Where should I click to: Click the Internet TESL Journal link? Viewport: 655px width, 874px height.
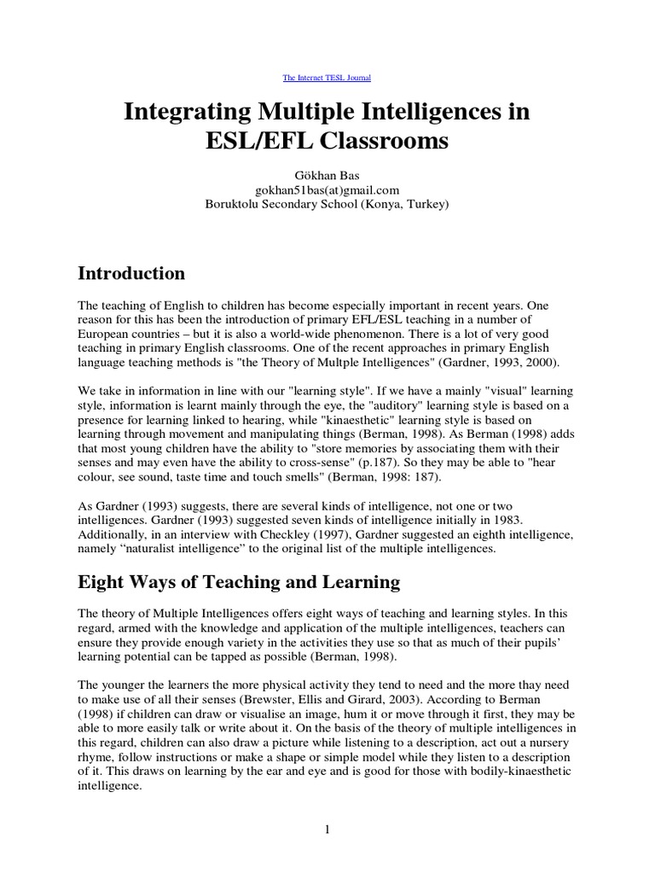pyautogui.click(x=327, y=78)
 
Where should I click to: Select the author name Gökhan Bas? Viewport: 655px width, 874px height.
pyautogui.click(x=327, y=175)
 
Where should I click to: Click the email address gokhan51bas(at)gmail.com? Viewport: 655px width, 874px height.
pyautogui.click(x=327, y=189)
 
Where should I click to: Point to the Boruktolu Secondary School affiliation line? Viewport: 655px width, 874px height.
pyautogui.click(x=327, y=204)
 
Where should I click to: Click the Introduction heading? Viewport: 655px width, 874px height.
pyautogui.click(x=131, y=273)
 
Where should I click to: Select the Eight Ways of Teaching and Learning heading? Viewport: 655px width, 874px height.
pyautogui.click(x=239, y=582)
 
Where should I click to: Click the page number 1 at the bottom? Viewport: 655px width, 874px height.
pyautogui.click(x=327, y=830)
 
